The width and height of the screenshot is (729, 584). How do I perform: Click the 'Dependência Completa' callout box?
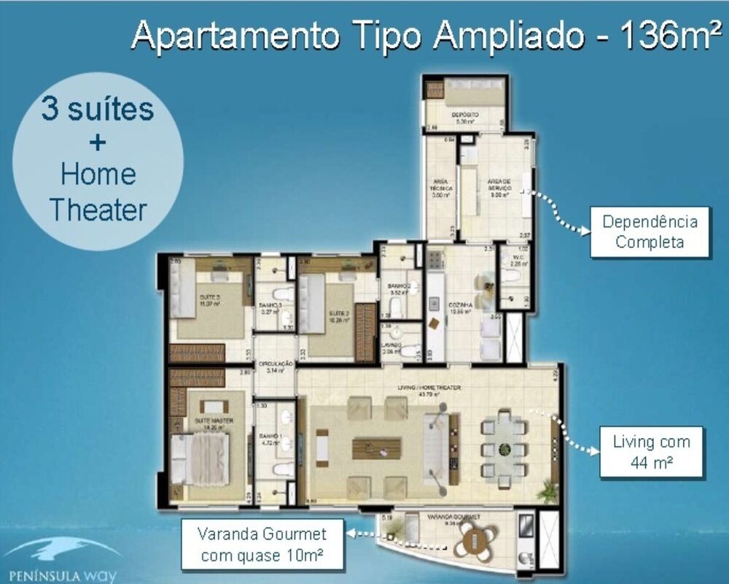[x=650, y=231]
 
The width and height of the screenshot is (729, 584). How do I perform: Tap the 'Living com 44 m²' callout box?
[x=651, y=452]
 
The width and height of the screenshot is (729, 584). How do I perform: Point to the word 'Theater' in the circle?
[x=98, y=210]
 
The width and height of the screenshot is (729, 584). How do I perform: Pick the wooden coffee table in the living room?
[x=376, y=447]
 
